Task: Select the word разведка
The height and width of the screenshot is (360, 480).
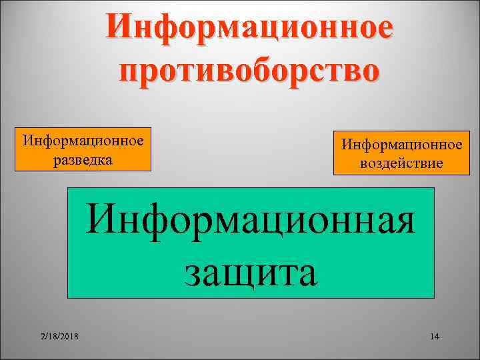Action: pos(83,161)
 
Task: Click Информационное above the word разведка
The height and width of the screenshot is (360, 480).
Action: pos(83,141)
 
